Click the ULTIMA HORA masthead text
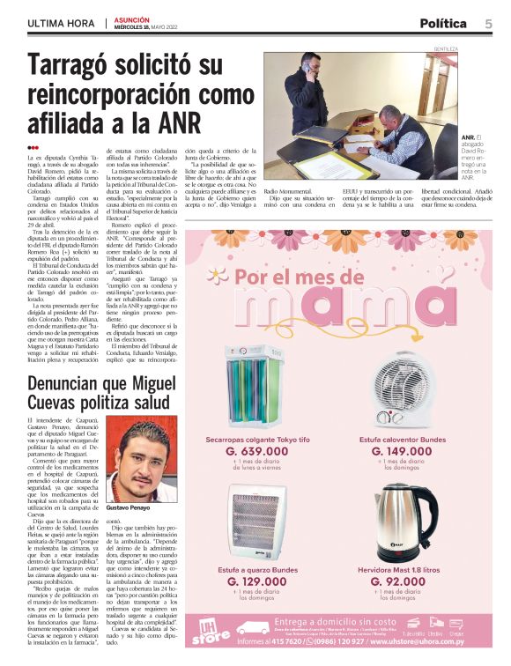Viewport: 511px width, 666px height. pyautogui.click(x=61, y=24)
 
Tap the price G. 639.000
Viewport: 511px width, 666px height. pyautogui.click(x=257, y=450)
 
